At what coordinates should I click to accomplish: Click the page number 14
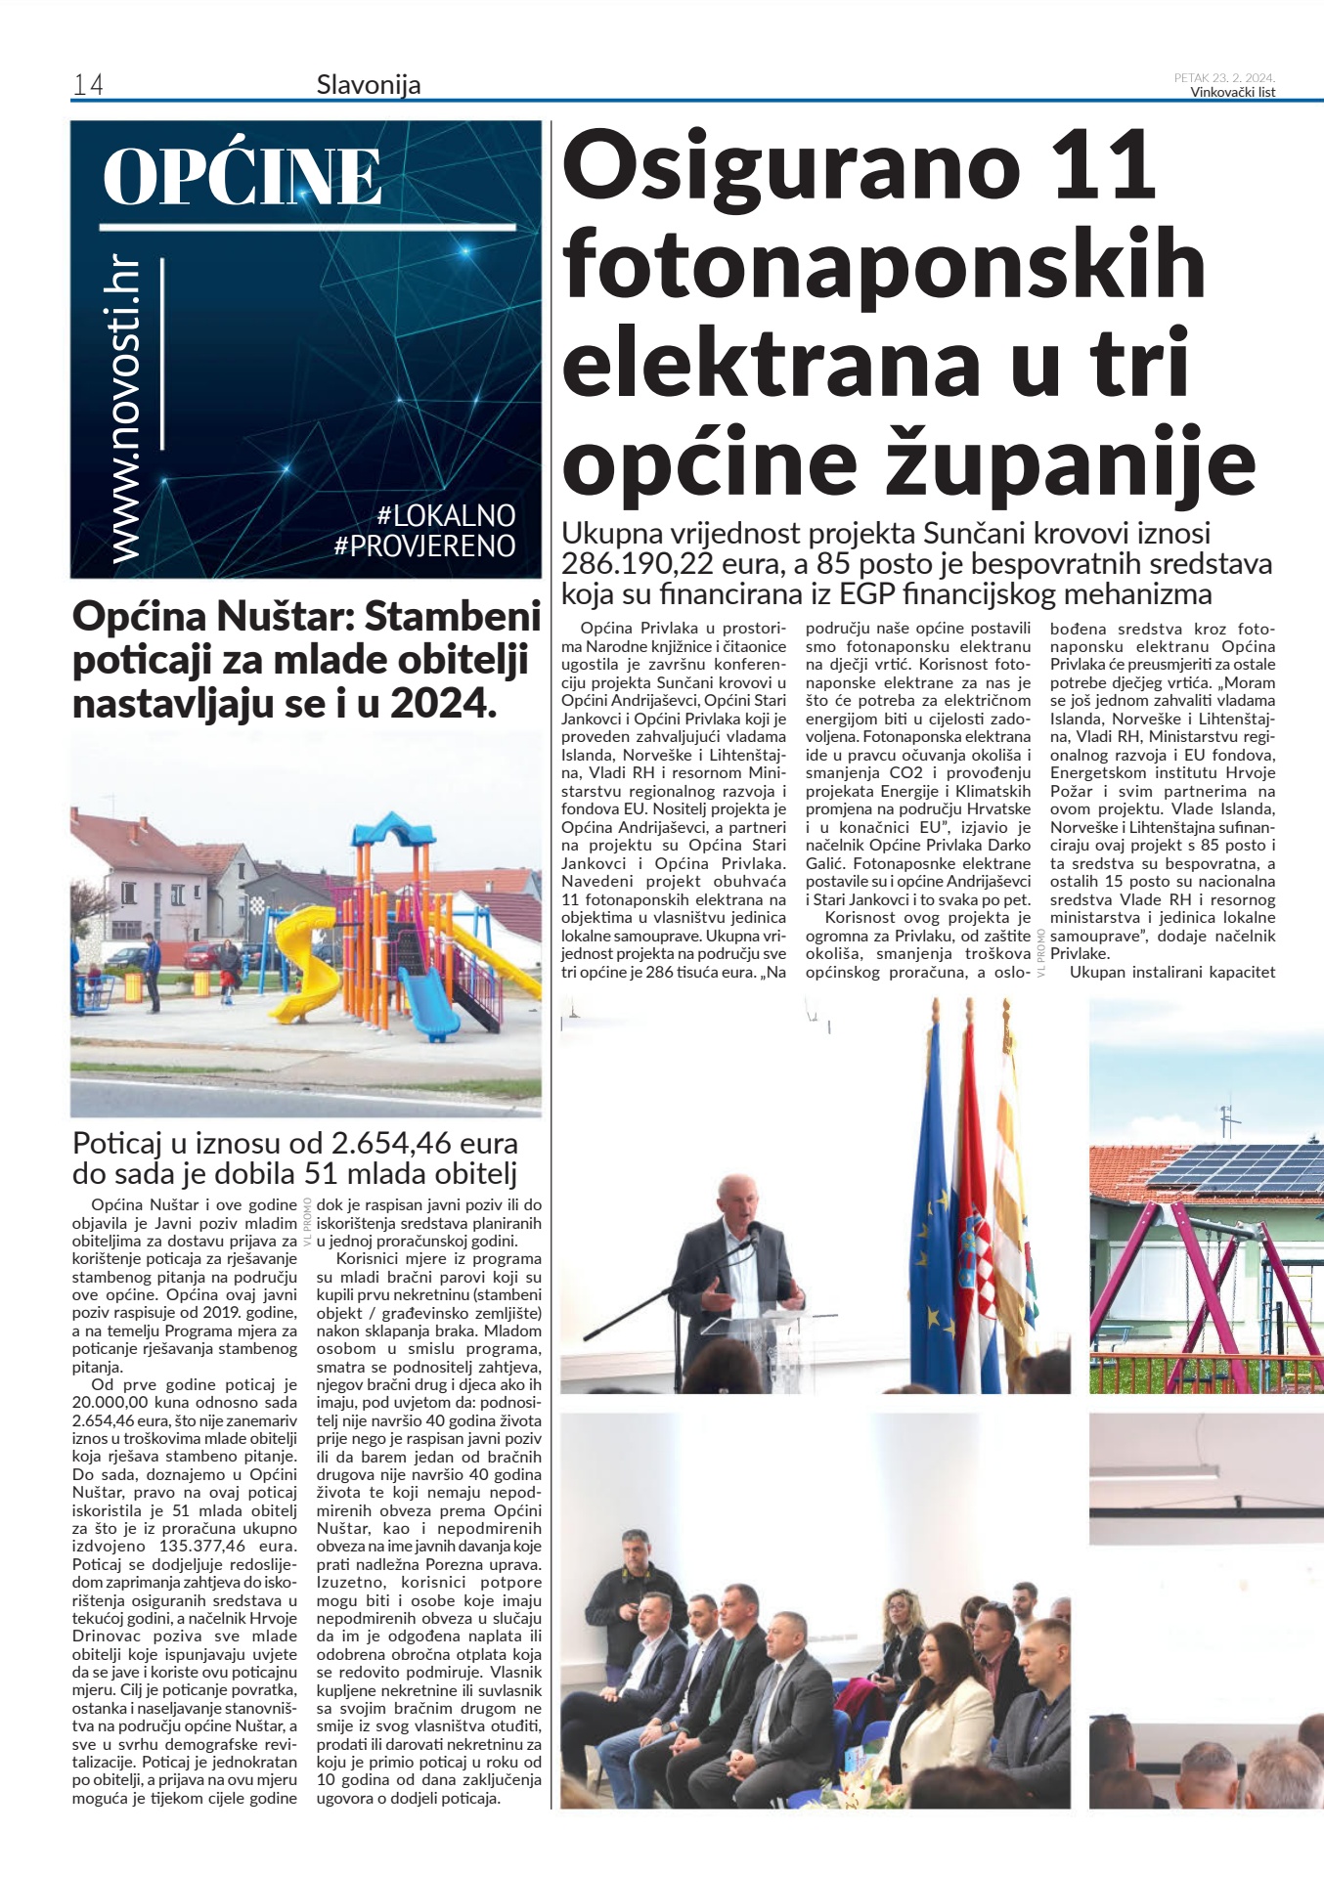88,85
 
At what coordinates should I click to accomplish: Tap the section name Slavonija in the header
369,85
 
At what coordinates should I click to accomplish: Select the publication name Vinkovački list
1232,93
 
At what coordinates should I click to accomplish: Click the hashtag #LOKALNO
446,515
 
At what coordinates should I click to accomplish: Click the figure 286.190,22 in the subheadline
646,564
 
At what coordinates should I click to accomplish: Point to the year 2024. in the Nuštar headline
444,703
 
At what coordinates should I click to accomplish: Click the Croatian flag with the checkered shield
975,1222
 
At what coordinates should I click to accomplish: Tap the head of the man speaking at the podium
734,1199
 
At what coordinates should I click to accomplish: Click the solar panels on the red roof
1236,1167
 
